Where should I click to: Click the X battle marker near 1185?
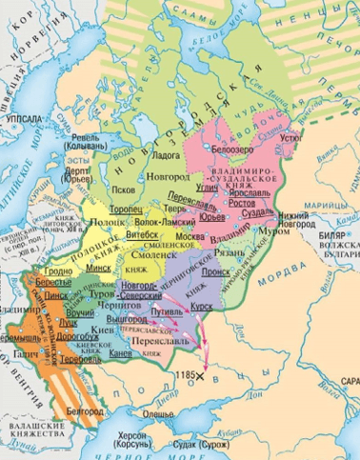(201, 377)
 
